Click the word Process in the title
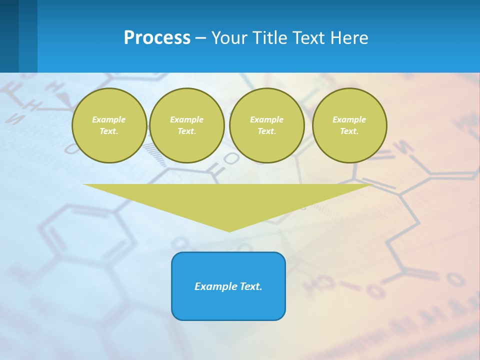tap(157, 38)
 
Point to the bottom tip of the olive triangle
tap(229, 231)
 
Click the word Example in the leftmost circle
tap(109, 119)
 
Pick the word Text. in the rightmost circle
tap(349, 131)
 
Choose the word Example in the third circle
tap(266, 119)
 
